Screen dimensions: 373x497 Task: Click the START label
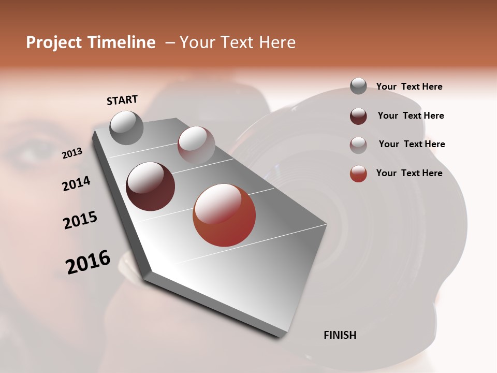(x=122, y=99)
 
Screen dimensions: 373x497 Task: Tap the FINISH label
(x=340, y=335)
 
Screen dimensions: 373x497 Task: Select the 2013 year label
(x=72, y=153)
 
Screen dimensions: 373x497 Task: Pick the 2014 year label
(x=76, y=183)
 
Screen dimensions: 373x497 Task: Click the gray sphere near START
(x=127, y=127)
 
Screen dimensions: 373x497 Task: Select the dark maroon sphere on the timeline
(x=151, y=187)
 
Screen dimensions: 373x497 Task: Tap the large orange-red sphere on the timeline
(x=224, y=215)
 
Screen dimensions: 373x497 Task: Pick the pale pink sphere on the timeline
(x=196, y=145)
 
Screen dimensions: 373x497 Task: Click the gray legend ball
(x=358, y=86)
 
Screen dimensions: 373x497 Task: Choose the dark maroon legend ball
(x=358, y=116)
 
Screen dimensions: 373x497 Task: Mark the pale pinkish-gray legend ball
(x=358, y=145)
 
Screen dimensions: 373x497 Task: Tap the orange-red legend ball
(x=358, y=174)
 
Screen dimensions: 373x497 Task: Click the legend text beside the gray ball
(x=409, y=87)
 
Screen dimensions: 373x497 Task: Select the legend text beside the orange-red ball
(x=409, y=173)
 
